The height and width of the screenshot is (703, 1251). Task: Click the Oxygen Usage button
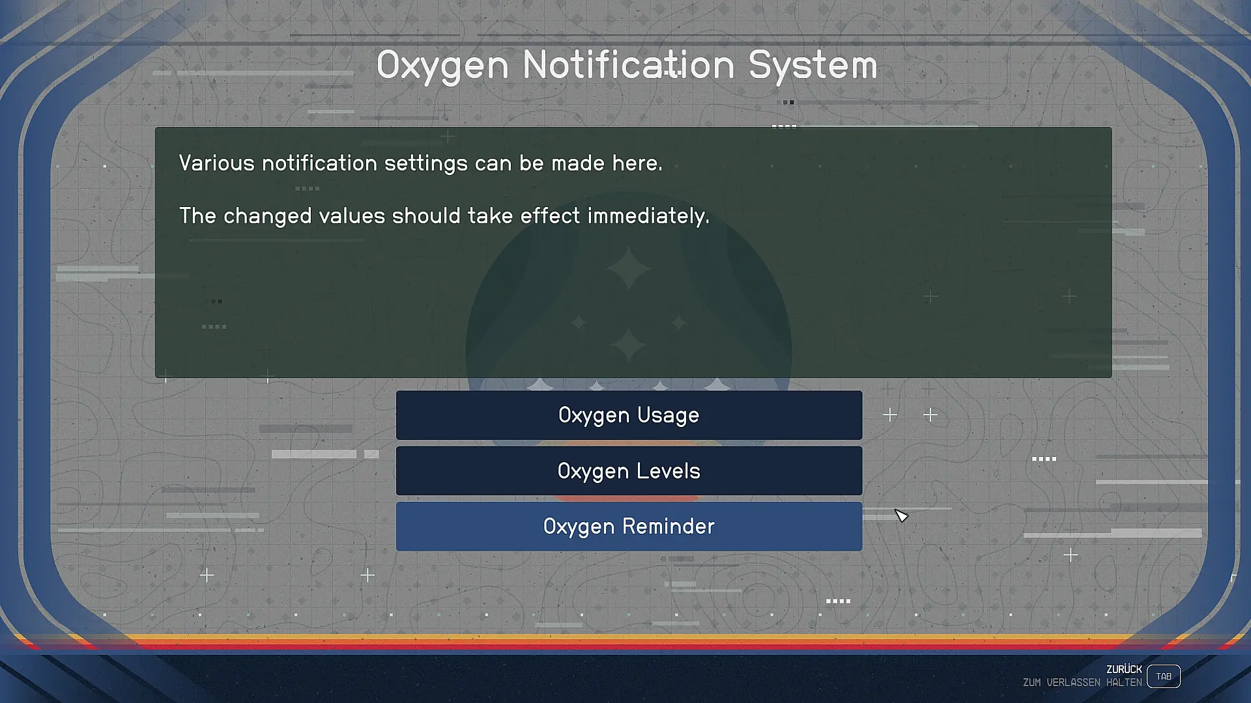[x=629, y=415]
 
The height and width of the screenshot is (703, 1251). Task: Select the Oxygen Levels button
[x=629, y=471]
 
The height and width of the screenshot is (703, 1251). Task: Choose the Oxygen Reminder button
[x=629, y=527]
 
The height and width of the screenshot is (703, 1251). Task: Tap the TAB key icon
[x=1164, y=676]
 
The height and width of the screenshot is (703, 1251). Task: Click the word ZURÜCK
[x=1124, y=669]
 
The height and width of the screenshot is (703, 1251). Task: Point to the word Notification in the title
[x=629, y=65]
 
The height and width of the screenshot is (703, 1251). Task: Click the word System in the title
[x=812, y=66]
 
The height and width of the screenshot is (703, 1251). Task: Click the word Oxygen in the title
[x=442, y=66]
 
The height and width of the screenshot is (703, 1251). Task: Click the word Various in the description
[x=217, y=163]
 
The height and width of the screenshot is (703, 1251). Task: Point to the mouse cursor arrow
[x=901, y=516]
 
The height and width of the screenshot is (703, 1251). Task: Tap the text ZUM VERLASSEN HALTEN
[x=1082, y=683]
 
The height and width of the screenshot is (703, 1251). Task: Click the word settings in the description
[x=426, y=163]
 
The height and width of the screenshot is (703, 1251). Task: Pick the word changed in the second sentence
[x=268, y=216]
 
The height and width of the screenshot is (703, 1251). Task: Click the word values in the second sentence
[x=352, y=216]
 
